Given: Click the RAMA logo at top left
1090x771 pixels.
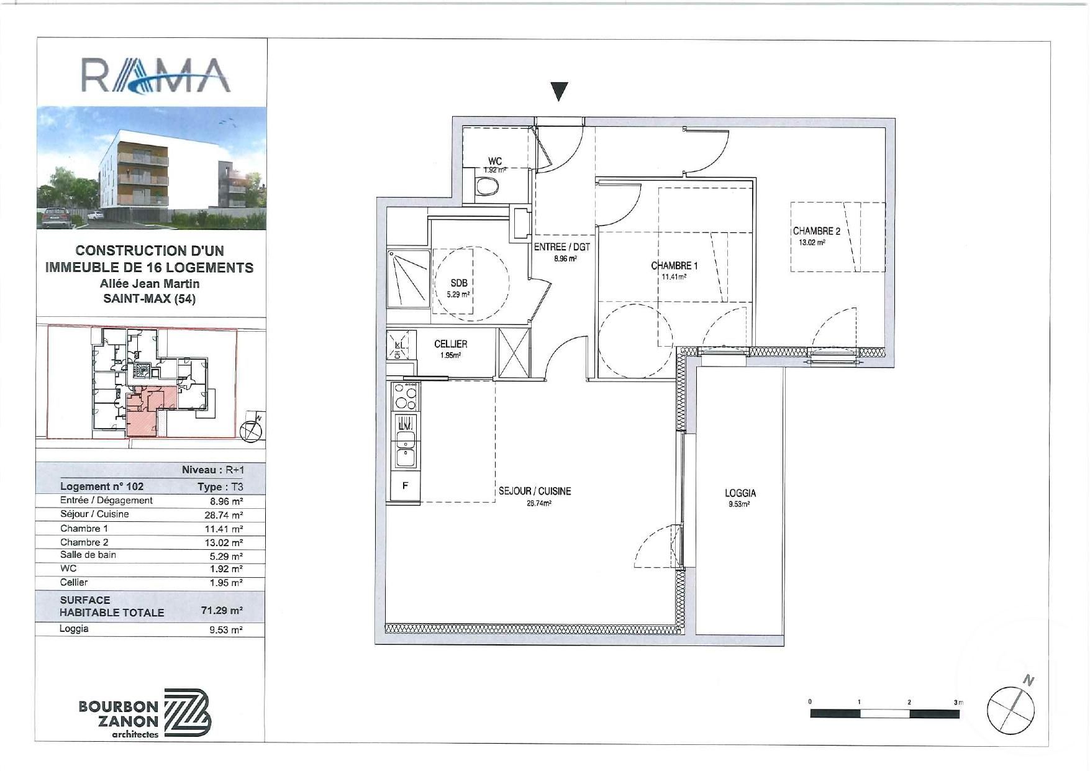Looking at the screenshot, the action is pyautogui.click(x=156, y=75).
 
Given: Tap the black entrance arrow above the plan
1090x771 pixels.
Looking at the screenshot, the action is pyautogui.click(x=560, y=91).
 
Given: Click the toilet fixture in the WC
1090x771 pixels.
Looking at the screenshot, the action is pyautogui.click(x=486, y=186).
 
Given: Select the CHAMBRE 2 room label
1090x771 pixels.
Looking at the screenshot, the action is pyautogui.click(x=816, y=231).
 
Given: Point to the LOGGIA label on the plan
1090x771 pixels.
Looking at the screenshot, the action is pyautogui.click(x=740, y=493).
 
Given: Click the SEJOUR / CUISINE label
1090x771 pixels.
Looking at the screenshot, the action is pyautogui.click(x=535, y=491).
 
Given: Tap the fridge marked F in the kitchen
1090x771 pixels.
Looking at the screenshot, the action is pyautogui.click(x=404, y=486).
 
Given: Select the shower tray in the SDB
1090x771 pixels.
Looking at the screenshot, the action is pyautogui.click(x=408, y=278).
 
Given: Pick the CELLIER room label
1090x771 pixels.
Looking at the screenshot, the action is pyautogui.click(x=450, y=344).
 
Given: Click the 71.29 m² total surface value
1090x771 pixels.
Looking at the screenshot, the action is pyautogui.click(x=222, y=611).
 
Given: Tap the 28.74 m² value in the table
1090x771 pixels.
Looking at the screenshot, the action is pyautogui.click(x=224, y=515).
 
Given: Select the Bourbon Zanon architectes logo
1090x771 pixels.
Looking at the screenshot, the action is pyautogui.click(x=145, y=713).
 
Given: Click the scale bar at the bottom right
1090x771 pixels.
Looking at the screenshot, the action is pyautogui.click(x=884, y=714).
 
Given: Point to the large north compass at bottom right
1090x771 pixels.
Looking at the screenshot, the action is pyautogui.click(x=1011, y=709).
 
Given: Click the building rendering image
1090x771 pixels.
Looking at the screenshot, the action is pyautogui.click(x=152, y=168).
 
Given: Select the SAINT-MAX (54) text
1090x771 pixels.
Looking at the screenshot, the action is pyautogui.click(x=150, y=299).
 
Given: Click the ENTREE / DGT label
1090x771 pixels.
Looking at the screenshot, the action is pyautogui.click(x=562, y=247).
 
